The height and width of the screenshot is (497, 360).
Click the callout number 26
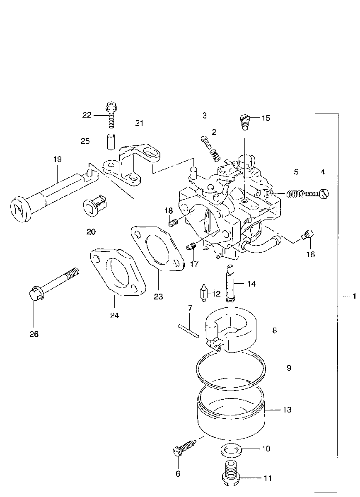click(34, 334)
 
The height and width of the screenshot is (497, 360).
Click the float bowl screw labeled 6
click(184, 448)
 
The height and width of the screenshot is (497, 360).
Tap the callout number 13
click(287, 410)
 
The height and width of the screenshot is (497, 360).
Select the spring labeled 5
click(295, 193)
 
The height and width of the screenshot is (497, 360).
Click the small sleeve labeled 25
click(111, 141)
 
